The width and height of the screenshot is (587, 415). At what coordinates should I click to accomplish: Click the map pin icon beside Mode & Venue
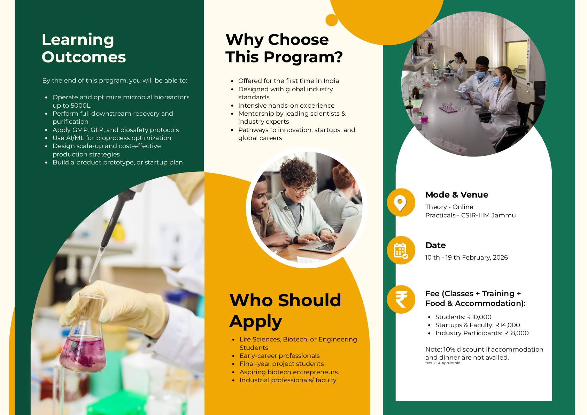click(400, 203)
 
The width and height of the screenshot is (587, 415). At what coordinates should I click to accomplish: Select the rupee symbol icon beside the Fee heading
click(401, 299)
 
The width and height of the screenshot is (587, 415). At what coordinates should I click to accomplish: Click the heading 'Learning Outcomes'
click(84, 48)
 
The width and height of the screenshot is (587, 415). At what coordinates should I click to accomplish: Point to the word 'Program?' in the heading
click(303, 57)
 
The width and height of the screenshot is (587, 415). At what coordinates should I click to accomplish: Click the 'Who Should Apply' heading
click(285, 311)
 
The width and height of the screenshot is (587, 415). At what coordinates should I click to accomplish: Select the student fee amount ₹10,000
click(479, 317)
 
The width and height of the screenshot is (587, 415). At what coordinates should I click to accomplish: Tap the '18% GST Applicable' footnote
click(443, 363)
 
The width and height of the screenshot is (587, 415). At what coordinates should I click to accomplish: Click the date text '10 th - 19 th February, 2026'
click(466, 258)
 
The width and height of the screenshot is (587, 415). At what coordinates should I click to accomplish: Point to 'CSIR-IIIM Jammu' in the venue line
click(488, 215)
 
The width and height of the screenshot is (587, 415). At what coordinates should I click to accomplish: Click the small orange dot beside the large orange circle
click(332, 20)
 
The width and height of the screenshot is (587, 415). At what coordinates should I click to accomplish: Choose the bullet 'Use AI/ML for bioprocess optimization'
click(112, 138)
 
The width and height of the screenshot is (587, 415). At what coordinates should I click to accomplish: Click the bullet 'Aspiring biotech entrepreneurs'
click(288, 372)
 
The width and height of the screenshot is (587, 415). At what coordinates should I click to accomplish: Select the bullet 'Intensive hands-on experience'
click(286, 105)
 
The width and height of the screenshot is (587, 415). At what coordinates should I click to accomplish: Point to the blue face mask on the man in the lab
click(480, 74)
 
